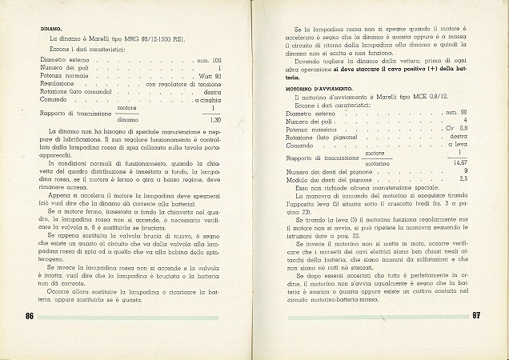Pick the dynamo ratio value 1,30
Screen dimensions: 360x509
pyautogui.click(x=212, y=120)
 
